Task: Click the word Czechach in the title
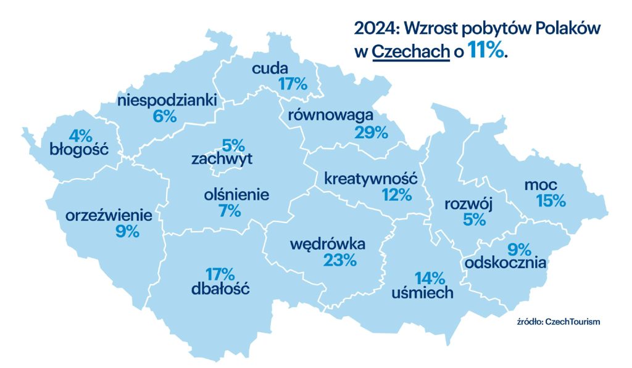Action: click(410, 52)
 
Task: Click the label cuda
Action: click(274, 68)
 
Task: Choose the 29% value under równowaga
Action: click(371, 132)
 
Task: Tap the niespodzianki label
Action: click(167, 99)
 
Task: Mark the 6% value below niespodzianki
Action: click(165, 115)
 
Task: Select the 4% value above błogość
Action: click(81, 134)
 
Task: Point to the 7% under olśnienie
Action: click(229, 211)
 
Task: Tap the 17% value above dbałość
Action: click(220, 273)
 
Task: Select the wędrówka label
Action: click(328, 244)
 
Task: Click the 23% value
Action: click(340, 260)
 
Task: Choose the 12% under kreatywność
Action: click(396, 195)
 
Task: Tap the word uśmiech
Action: click(423, 293)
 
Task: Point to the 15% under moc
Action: click(551, 200)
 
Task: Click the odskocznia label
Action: click(507, 263)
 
